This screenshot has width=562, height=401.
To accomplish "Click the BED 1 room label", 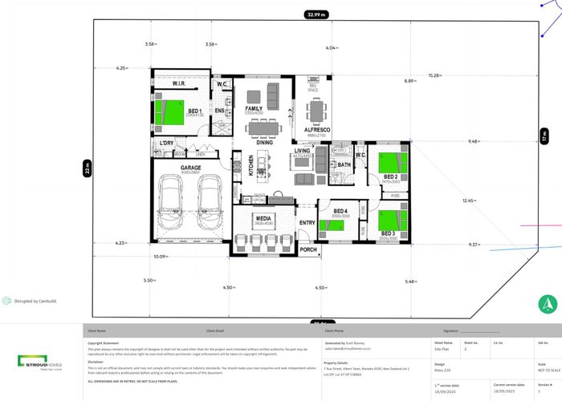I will (194, 111).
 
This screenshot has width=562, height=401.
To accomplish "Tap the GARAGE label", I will (190, 168).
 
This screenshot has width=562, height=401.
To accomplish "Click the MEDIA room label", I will (263, 217).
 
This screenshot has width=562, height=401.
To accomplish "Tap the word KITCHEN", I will (250, 166).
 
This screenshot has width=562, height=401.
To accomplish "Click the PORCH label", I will (308, 249).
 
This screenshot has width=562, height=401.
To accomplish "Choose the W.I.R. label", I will (179, 83).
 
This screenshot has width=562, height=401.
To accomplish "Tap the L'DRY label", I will (167, 143).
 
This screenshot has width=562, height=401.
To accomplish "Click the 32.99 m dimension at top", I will (316, 14).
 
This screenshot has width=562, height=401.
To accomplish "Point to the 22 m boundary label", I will (88, 168).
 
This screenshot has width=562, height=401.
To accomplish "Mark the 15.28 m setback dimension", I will (434, 75).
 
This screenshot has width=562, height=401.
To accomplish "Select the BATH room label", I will (344, 164).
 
